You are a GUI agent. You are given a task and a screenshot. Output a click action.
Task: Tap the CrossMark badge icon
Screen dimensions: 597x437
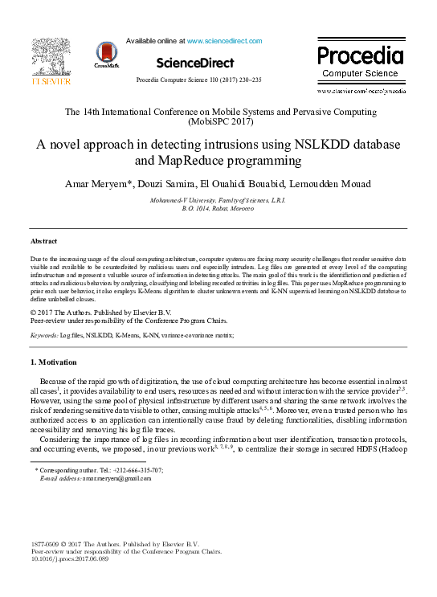104,54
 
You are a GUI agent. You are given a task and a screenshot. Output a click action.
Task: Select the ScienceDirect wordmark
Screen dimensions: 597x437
195,63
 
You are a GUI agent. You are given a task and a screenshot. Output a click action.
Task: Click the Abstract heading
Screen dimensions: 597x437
43,241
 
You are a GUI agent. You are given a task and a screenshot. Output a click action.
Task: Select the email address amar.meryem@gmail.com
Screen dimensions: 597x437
111,478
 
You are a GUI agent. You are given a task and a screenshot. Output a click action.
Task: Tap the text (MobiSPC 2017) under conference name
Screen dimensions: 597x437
218,122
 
